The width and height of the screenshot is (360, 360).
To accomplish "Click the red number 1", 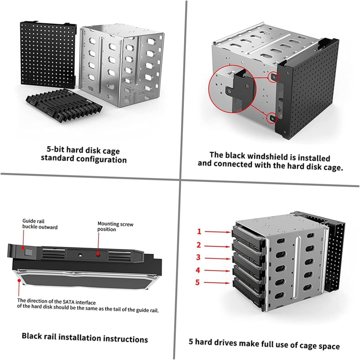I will tap(199, 231).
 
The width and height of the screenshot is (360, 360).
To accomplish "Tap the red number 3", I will tap(198, 257).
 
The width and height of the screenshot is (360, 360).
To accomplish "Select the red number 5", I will tap(198, 282).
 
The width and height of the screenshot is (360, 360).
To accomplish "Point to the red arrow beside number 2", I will tap(218, 246).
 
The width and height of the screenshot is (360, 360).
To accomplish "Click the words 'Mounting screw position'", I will tap(115, 226).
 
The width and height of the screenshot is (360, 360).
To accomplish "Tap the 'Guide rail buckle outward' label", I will tap(40, 224).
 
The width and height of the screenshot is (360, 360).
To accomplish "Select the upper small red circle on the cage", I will tap(273, 77).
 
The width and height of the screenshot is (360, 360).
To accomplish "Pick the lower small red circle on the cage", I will tap(273, 118).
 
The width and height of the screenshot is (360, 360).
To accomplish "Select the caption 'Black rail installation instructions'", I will tap(85, 337).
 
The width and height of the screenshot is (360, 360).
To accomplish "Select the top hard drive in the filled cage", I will tap(247, 233).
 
